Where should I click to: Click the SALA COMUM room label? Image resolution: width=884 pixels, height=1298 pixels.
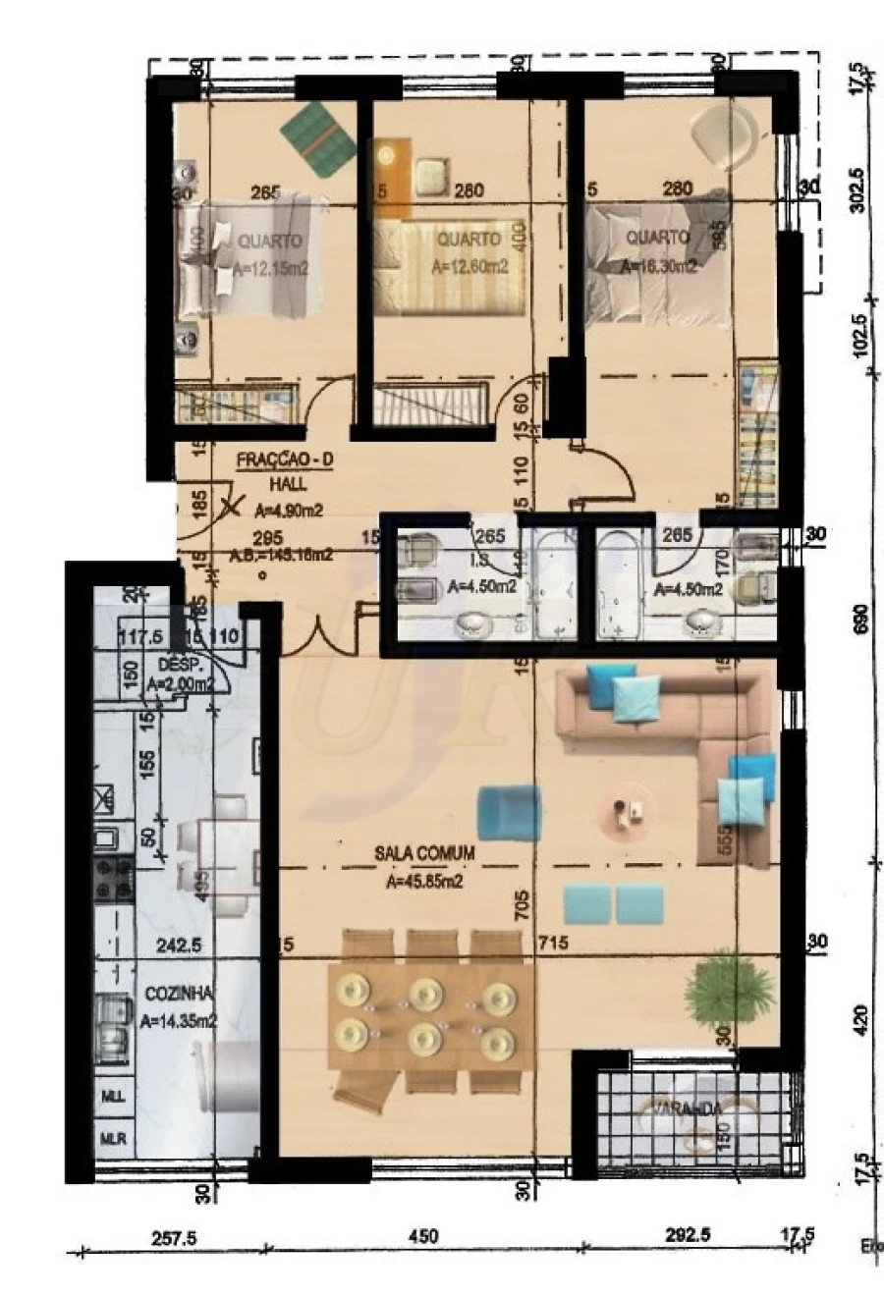(x=424, y=854)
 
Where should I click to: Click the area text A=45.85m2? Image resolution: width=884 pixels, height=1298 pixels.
(x=424, y=881)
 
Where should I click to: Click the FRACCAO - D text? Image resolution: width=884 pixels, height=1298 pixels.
(x=284, y=460)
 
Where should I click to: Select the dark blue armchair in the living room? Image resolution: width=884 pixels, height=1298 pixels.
(x=509, y=812)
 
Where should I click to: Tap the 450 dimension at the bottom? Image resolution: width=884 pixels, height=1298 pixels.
(x=422, y=1237)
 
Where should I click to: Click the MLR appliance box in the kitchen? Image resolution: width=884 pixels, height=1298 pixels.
(x=113, y=1139)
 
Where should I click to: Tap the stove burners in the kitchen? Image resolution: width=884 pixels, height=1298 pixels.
(x=113, y=877)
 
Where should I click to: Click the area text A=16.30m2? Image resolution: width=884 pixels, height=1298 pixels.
(x=659, y=265)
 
